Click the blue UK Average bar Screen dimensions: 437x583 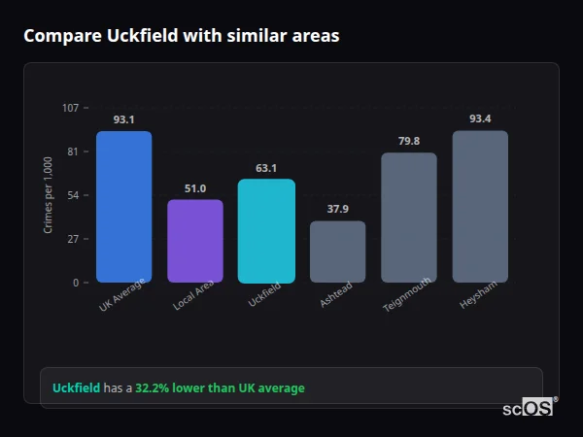pyautogui.click(x=123, y=207)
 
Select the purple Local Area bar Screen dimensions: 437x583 pyautogui.click(x=195, y=241)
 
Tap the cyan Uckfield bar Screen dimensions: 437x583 pyautogui.click(x=266, y=231)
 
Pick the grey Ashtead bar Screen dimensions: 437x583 pyautogui.click(x=338, y=252)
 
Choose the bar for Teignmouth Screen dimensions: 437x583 pyautogui.click(x=409, y=218)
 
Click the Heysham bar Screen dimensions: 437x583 pyautogui.click(x=480, y=207)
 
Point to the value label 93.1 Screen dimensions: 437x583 pyautogui.click(x=123, y=119)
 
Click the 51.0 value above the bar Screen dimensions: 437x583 pyautogui.click(x=195, y=188)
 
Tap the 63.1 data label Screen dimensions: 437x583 pyautogui.click(x=266, y=168)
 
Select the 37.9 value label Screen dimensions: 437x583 pyautogui.click(x=338, y=209)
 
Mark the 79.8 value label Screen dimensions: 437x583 pyautogui.click(x=409, y=141)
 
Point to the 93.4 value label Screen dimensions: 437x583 pyautogui.click(x=480, y=118)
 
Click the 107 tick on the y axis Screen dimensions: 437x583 pyautogui.click(x=70, y=108)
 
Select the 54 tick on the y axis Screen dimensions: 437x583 pyautogui.click(x=73, y=195)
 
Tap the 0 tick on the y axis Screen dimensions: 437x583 pyautogui.click(x=76, y=283)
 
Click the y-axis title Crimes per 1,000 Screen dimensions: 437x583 pyautogui.click(x=49, y=195)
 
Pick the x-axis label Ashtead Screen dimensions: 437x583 pyautogui.click(x=335, y=297)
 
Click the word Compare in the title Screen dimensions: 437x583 pyautogui.click(x=56, y=36)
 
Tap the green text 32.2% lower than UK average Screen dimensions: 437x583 pyautogui.click(x=220, y=388)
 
